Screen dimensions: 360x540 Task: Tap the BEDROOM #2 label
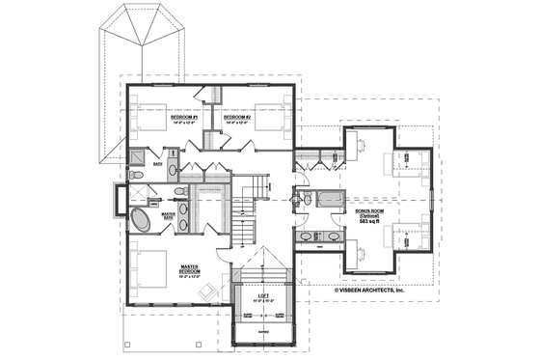pyautogui.click(x=237, y=118)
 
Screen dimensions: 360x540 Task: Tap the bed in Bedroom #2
pyautogui.click(x=273, y=117)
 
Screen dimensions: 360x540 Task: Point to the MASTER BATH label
pyautogui.click(x=168, y=216)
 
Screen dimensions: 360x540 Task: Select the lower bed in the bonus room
pyautogui.click(x=400, y=235)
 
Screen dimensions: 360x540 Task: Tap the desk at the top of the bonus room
pyautogui.click(x=359, y=141)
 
